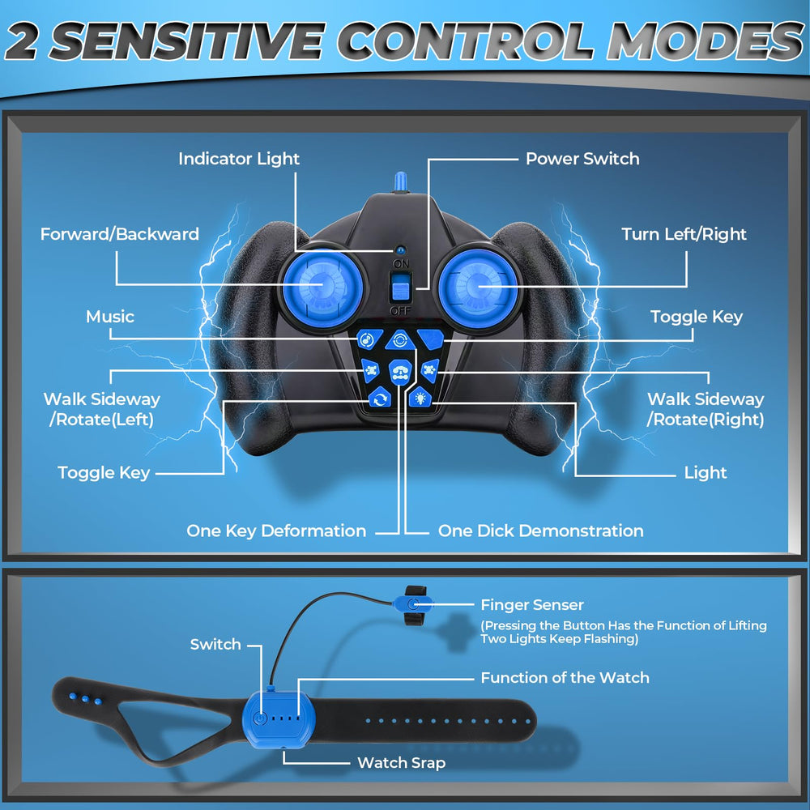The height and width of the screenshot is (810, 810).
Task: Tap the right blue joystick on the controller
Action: pyautogui.click(x=478, y=287)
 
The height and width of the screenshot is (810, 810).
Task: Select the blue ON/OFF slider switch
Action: pyautogui.click(x=400, y=288)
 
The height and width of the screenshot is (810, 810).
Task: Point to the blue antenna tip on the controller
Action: pyautogui.click(x=400, y=181)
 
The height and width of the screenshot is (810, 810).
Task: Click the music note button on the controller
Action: pyautogui.click(x=369, y=339)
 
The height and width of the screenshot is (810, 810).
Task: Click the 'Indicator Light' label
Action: pyautogui.click(x=239, y=159)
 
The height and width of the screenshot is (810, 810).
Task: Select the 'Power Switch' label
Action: pyautogui.click(x=582, y=159)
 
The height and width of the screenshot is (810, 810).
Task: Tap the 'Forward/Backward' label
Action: pyautogui.click(x=119, y=234)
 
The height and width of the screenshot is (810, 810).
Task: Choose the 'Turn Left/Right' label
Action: pyautogui.click(x=684, y=234)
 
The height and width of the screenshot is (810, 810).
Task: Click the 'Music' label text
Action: pyautogui.click(x=110, y=316)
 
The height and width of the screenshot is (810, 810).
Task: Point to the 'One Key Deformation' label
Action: pyautogui.click(x=276, y=531)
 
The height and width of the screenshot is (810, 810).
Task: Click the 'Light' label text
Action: pyautogui.click(x=706, y=472)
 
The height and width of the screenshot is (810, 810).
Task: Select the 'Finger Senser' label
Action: pyautogui.click(x=532, y=604)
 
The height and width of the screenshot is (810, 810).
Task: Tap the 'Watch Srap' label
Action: pyautogui.click(x=402, y=762)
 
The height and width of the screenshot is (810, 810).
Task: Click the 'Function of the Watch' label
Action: pyautogui.click(x=565, y=677)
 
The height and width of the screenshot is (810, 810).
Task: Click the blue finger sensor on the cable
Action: pyautogui.click(x=413, y=604)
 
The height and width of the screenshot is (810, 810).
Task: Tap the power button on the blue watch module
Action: pyautogui.click(x=260, y=718)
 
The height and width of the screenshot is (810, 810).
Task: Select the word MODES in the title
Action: pyautogui.click(x=706, y=40)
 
